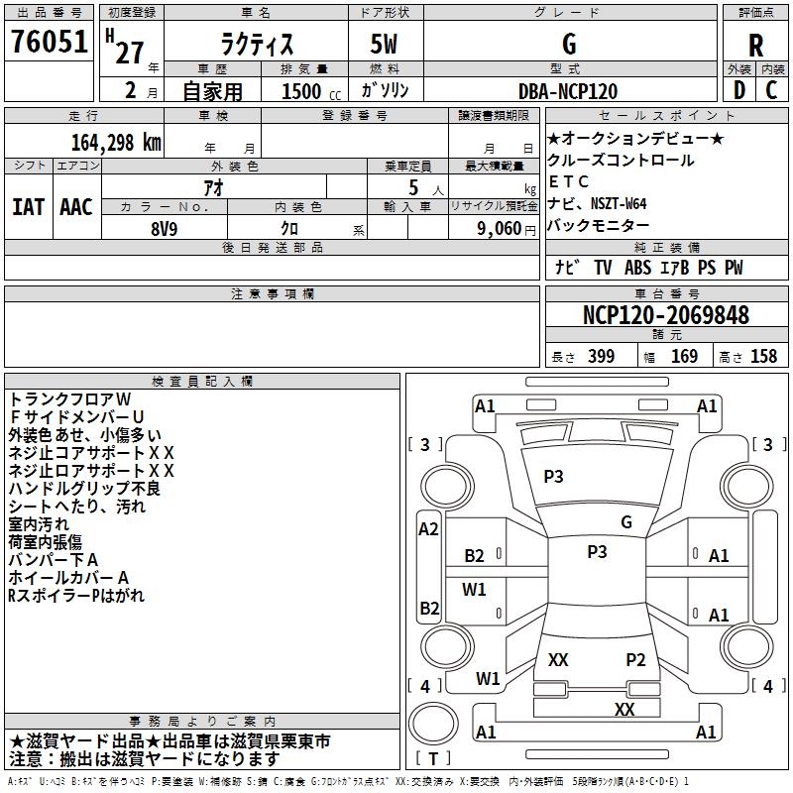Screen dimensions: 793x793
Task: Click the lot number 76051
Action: tap(49, 43)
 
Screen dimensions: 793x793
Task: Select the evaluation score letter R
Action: tap(755, 45)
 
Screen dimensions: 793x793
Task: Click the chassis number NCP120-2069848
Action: tap(666, 315)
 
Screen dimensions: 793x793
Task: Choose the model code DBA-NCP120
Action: tap(568, 91)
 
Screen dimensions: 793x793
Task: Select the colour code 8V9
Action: tap(165, 226)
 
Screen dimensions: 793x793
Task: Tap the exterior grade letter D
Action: tap(737, 91)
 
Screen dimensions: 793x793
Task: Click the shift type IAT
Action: tap(28, 207)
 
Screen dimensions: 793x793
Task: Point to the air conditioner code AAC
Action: tap(76, 207)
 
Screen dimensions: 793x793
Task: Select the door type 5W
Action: tap(386, 45)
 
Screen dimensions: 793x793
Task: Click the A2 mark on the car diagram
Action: tap(428, 529)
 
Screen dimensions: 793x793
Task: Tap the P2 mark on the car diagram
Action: tap(635, 659)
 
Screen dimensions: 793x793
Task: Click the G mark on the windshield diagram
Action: tap(625, 522)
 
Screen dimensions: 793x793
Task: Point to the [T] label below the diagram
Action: tap(435, 759)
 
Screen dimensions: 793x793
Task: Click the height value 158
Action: tap(763, 357)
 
